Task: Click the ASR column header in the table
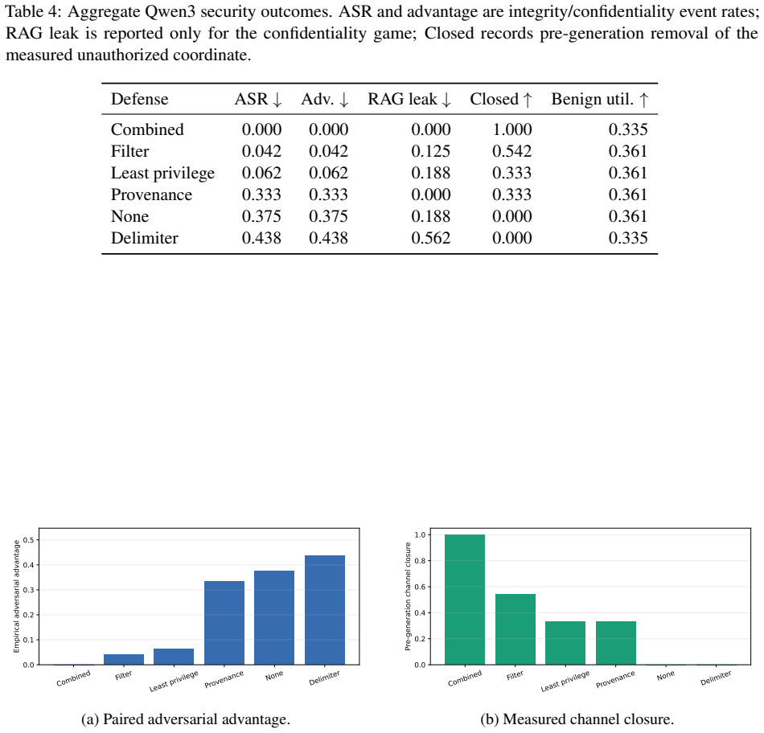click(x=258, y=99)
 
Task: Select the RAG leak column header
click(x=409, y=99)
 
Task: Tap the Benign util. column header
click(x=600, y=99)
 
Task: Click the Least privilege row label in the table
click(x=162, y=174)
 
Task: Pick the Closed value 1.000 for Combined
click(x=512, y=129)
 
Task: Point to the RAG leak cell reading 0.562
click(x=431, y=238)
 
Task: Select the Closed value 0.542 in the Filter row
click(x=512, y=151)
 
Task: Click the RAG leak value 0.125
click(x=431, y=151)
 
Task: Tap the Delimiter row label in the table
click(x=145, y=238)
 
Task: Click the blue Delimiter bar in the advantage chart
click(x=325, y=610)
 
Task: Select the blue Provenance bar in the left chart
click(x=224, y=623)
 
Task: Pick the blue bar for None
click(x=274, y=617)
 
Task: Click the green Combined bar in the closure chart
click(x=465, y=600)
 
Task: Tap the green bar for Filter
click(x=515, y=629)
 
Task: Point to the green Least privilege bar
click(x=565, y=643)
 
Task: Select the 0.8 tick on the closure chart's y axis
click(x=420, y=560)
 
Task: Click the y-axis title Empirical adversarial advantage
click(x=17, y=596)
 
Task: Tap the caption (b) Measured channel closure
click(x=577, y=719)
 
